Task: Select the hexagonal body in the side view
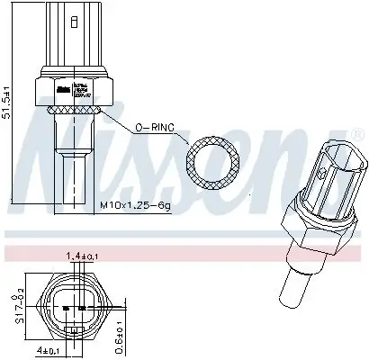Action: tap(73, 89)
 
